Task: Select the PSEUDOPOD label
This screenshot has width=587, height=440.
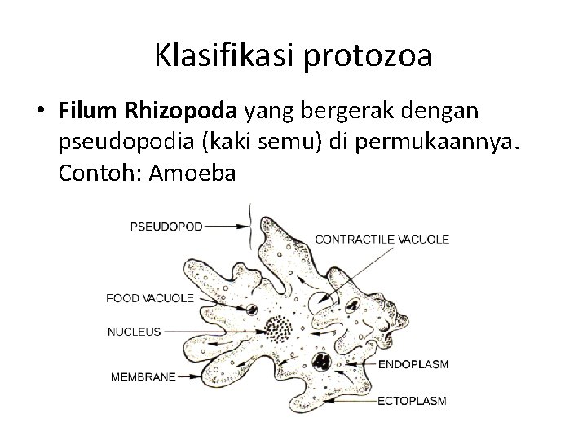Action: click(166, 226)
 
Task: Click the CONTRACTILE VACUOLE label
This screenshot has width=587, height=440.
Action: click(382, 240)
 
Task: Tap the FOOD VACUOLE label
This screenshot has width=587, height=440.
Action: click(150, 298)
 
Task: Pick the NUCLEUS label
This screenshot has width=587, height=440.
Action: click(135, 332)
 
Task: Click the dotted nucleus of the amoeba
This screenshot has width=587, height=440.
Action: click(281, 330)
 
